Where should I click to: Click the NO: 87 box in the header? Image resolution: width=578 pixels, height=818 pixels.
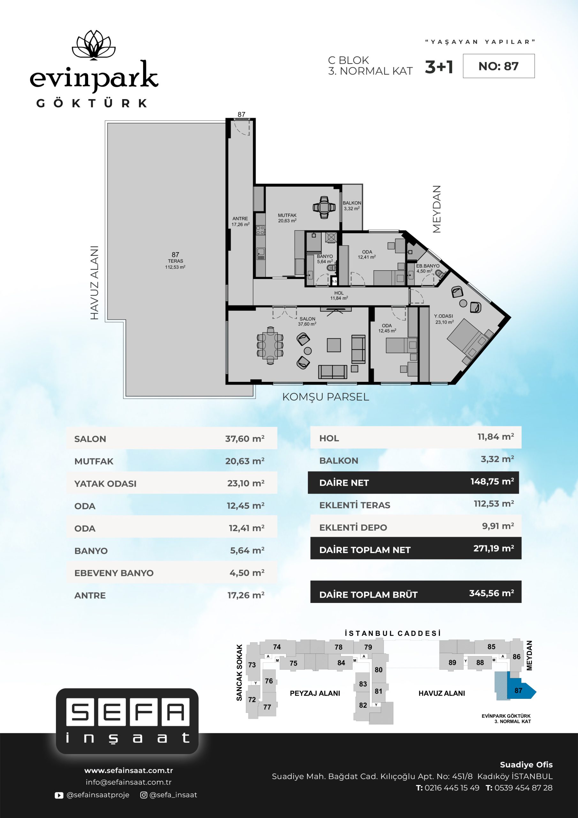[x=498, y=66]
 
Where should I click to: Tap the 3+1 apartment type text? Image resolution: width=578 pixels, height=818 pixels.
[x=439, y=67]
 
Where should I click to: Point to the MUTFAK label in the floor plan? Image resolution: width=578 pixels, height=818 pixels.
[x=287, y=215]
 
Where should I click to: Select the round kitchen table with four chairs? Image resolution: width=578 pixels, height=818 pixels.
[x=324, y=207]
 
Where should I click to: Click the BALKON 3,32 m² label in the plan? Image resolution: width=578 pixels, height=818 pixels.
[x=352, y=205]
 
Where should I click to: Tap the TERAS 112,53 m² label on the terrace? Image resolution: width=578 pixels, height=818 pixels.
[x=175, y=264]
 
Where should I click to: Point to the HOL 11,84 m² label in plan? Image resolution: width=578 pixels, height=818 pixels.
[x=339, y=296]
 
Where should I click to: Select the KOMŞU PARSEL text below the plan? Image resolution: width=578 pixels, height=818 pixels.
[x=325, y=397]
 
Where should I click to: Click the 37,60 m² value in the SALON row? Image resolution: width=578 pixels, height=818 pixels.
[x=245, y=439]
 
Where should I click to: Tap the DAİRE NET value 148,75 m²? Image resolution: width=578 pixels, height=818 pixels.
[x=492, y=481]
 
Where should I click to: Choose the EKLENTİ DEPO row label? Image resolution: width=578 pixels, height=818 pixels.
[x=353, y=527]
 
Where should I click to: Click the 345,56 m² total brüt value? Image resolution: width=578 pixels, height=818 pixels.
[x=491, y=593]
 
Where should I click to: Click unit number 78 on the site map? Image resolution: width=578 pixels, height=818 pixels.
[x=338, y=647]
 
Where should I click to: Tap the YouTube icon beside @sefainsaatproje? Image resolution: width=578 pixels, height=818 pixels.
[x=59, y=795]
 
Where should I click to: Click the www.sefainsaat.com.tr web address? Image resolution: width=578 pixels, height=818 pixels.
[x=129, y=770]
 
